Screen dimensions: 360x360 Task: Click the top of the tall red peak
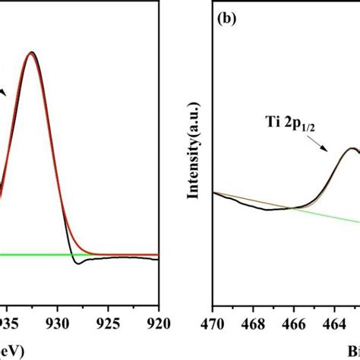(31, 53)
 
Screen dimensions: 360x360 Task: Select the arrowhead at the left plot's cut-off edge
(4, 92)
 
